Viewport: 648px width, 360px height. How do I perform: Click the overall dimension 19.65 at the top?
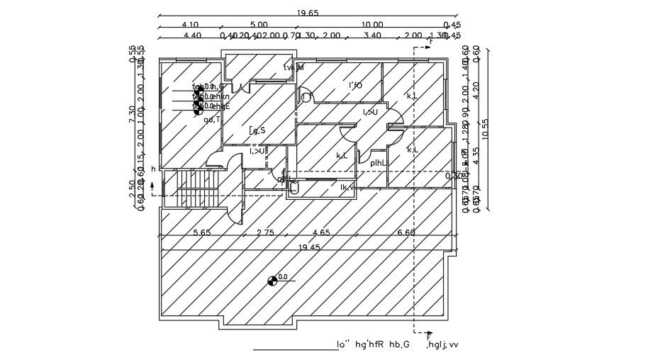click(x=308, y=13)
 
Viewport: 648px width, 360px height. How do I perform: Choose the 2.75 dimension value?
click(x=265, y=232)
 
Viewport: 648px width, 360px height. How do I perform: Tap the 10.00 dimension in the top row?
click(x=372, y=25)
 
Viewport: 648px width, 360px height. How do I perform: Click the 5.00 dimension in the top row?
click(x=258, y=25)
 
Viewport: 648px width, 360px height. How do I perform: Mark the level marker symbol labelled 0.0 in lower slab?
click(x=272, y=281)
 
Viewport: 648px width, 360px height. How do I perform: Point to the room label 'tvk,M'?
click(x=294, y=67)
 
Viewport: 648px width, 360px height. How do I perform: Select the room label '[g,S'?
click(x=257, y=130)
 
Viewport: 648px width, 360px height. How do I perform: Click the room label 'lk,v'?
click(x=347, y=187)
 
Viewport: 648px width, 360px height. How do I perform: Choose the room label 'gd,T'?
click(x=212, y=120)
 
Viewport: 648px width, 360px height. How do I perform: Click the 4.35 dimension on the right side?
click(x=476, y=155)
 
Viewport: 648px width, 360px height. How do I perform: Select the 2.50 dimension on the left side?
click(x=133, y=187)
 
